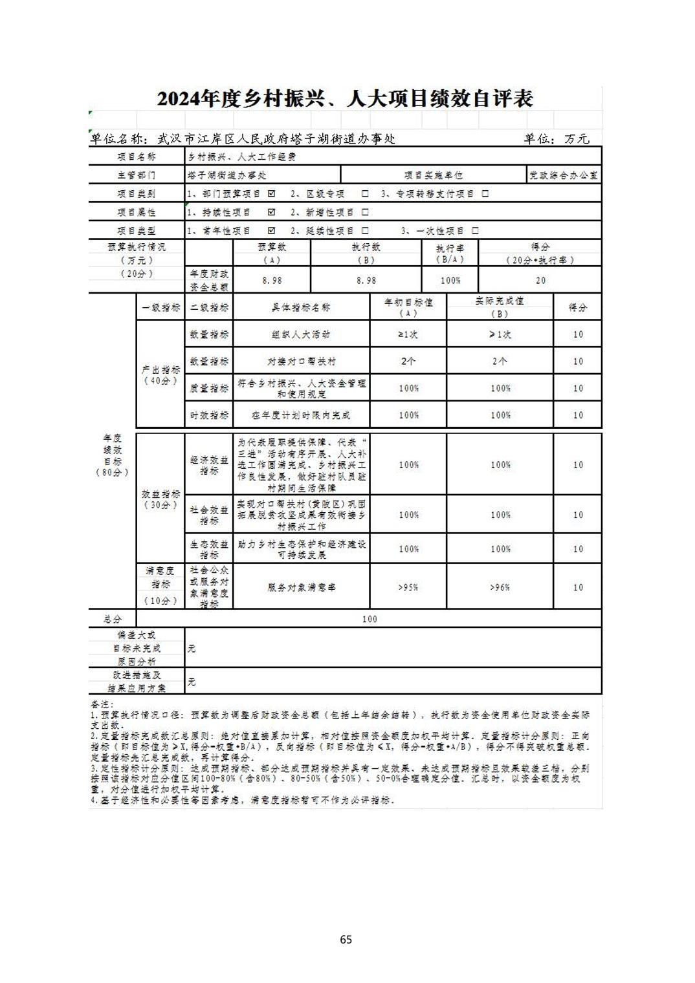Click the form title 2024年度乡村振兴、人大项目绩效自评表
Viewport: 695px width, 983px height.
point(345,99)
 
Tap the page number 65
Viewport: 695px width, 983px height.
point(346,939)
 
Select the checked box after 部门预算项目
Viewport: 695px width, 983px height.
point(271,193)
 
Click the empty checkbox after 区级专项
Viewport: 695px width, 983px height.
point(365,193)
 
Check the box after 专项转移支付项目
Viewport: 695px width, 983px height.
point(485,193)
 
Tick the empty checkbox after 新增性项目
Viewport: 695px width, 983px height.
point(365,212)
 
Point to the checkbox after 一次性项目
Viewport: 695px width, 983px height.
point(475,230)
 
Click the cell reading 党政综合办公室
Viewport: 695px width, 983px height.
point(564,175)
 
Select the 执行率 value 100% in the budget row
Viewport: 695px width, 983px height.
point(450,281)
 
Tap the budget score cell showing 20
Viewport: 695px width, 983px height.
point(540,281)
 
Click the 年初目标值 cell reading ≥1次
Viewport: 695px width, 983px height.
point(408,334)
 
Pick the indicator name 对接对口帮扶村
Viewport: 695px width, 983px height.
point(302,362)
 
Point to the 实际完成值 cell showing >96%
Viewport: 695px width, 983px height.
point(500,587)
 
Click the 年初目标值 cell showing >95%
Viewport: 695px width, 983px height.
point(408,587)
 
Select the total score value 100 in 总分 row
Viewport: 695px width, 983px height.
point(370,619)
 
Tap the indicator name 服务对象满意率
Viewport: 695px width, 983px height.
point(302,587)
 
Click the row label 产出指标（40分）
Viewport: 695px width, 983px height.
point(160,375)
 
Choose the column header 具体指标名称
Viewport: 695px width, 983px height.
point(302,308)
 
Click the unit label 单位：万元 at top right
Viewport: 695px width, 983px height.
point(557,139)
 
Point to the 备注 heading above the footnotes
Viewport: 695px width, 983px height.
point(102,704)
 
